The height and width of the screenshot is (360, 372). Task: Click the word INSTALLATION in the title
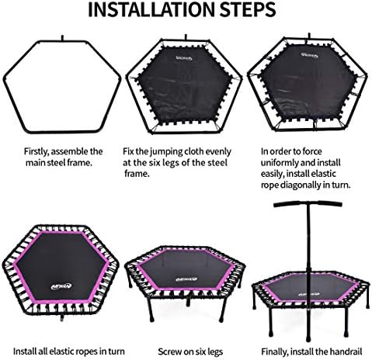click(151, 10)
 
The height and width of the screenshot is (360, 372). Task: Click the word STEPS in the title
click(248, 10)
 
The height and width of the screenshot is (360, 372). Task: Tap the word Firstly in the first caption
click(37, 152)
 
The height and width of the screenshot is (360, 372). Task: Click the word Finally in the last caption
click(274, 351)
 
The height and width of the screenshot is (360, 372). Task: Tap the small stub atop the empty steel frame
click(62, 38)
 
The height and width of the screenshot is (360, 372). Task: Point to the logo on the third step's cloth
click(309, 55)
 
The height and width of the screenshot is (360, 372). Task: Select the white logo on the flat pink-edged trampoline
click(61, 286)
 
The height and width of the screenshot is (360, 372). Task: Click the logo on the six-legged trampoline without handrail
click(186, 279)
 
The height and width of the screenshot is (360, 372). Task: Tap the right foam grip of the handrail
click(330, 203)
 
